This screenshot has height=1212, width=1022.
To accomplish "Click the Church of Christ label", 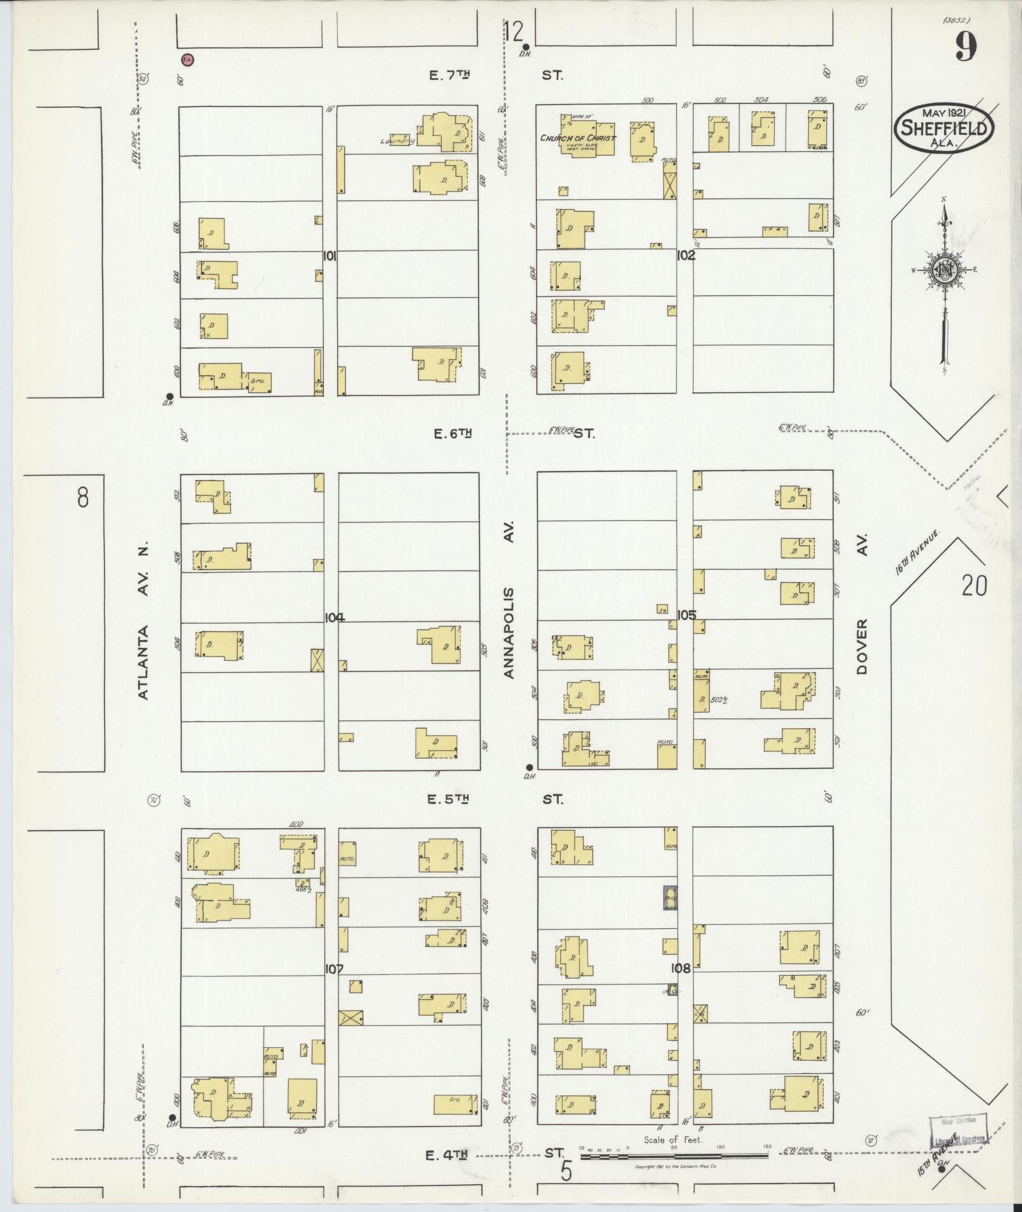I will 577,138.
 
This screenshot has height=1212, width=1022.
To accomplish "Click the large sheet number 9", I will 965,46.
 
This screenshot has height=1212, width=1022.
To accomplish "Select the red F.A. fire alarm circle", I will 188,60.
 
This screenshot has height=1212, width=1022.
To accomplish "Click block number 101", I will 329,257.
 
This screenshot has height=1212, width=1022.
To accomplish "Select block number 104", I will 334,618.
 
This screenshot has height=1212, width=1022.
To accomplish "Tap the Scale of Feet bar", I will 674,1156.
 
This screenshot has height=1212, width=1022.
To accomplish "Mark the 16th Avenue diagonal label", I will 916,555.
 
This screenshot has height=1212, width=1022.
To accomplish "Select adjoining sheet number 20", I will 974,585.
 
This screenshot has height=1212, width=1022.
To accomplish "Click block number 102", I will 686,255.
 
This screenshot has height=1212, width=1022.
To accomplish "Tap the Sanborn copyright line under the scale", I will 675,1166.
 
